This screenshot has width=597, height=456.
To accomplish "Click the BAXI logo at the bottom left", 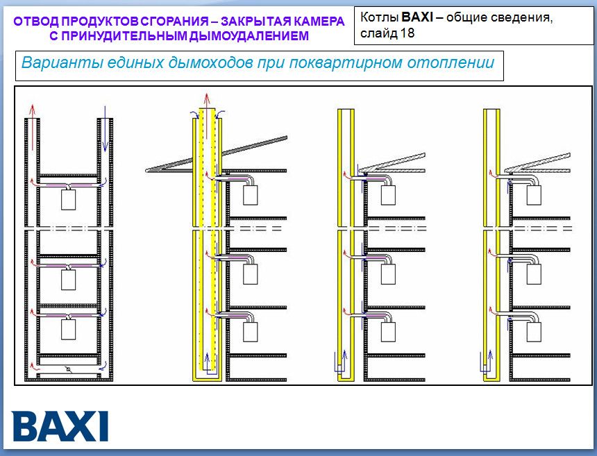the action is pos(60,426).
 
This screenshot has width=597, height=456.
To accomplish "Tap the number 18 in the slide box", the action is pos(407,33).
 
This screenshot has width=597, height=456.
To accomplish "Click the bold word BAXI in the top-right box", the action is pos(417,17).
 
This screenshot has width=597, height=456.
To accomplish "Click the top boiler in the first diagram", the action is pos(69,199).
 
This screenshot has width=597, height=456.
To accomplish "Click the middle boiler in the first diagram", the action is pos(69,280).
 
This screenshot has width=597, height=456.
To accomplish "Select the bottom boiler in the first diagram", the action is pos(69,329).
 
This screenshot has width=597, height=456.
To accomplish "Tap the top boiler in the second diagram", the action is pos(251,195).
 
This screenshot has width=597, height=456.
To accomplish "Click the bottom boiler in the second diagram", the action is pos(251,332).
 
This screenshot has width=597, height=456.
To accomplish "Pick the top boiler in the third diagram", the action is pos(388,195).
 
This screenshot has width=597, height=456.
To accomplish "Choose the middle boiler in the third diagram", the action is pos(388,274).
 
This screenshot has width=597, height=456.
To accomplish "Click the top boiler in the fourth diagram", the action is pos(534,195).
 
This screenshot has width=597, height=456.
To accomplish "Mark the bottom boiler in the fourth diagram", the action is pos(534,332).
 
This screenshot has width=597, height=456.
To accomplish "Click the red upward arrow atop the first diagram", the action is pos(33,128).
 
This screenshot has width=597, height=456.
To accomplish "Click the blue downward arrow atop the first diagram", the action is pos(105,128).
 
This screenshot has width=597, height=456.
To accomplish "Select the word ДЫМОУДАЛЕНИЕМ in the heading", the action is pos(249,36).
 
